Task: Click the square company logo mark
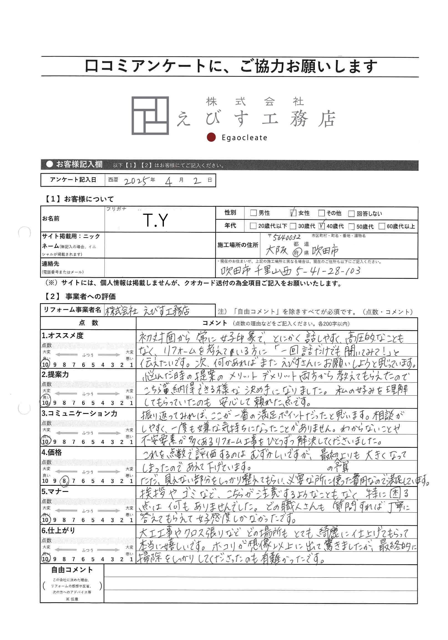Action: pyautogui.click(x=150, y=115)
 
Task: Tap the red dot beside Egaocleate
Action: pyautogui.click(x=211, y=137)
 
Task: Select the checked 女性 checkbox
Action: pyautogui.click(x=293, y=213)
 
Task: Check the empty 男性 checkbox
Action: pyautogui.click(x=253, y=213)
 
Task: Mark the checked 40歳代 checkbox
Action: pyautogui.click(x=322, y=226)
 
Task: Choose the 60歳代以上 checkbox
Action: pyautogui.click(x=382, y=226)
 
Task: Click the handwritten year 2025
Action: pyautogui.click(x=135, y=181)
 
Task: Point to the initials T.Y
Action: pyautogui.click(x=155, y=220)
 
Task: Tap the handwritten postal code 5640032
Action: pyautogui.click(x=287, y=237)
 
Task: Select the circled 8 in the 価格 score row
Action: pyautogui.click(x=64, y=481)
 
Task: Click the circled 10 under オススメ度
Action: pyautogui.click(x=45, y=365)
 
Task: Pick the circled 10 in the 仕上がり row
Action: pyautogui.click(x=45, y=559)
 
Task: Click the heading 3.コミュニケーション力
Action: pyautogui.click(x=79, y=413)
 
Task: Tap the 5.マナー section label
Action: pyautogui.click(x=55, y=491)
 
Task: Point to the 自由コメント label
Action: pyautogui.click(x=72, y=570)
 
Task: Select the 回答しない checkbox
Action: pyautogui.click(x=351, y=214)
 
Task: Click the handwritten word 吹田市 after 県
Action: pyautogui.click(x=325, y=251)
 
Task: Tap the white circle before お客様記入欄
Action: pyautogui.click(x=49, y=164)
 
